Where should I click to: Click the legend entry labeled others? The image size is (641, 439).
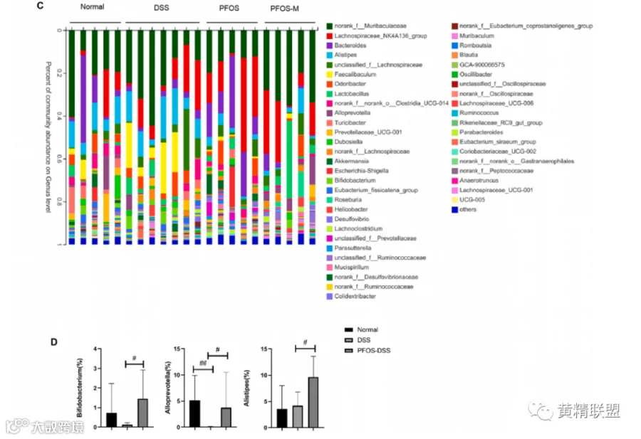click(x=468, y=209)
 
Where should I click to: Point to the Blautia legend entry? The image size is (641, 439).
click(x=469, y=55)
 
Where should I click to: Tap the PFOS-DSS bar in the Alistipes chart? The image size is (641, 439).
click(x=313, y=402)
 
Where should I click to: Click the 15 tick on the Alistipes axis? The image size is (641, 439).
click(x=267, y=349)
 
